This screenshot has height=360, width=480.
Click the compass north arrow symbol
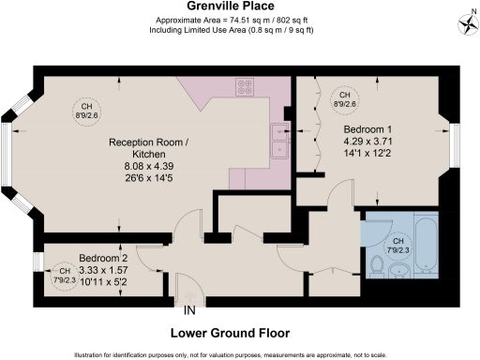[467, 20]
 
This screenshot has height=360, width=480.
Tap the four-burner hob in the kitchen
[247, 87]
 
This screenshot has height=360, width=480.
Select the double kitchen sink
[278, 140]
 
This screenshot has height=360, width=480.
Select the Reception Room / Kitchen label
[137, 148]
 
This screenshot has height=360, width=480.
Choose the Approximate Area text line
[239, 20]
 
